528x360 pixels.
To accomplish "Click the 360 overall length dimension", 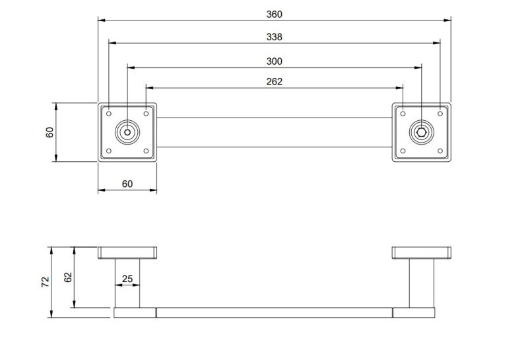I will [275, 14].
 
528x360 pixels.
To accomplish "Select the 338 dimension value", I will [275, 37].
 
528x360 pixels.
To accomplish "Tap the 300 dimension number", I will [275, 61].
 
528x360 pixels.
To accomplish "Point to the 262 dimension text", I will [275, 81].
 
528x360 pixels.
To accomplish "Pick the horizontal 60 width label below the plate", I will [127, 184].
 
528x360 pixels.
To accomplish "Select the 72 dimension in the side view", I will [45, 282].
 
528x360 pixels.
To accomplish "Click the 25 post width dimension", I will [127, 279].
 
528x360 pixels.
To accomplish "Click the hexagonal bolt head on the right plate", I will [421, 132].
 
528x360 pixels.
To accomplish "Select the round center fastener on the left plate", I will [127, 132].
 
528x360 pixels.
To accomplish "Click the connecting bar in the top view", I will [275, 132].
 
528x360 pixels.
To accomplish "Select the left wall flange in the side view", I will [127, 252].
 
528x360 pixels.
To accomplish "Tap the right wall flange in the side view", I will [421, 252].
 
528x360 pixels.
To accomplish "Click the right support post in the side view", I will [421, 283].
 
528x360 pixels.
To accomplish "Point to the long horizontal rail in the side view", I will [275, 312].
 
